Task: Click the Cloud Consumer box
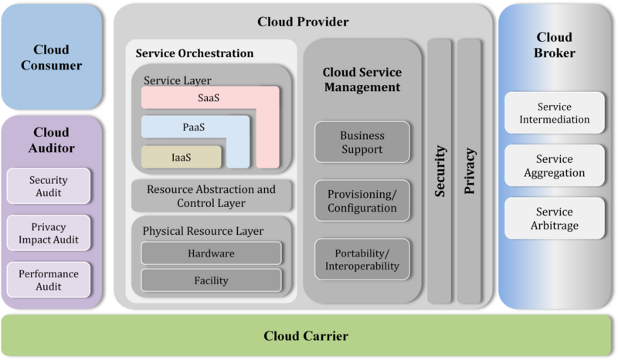click(x=51, y=56)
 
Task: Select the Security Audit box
click(x=49, y=186)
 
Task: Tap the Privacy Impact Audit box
click(x=49, y=233)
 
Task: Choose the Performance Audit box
click(x=49, y=280)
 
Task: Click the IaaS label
click(x=182, y=157)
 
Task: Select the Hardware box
click(x=211, y=253)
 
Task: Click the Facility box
click(x=211, y=280)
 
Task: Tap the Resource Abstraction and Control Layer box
click(x=211, y=196)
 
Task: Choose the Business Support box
click(x=362, y=142)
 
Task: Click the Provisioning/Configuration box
click(x=362, y=201)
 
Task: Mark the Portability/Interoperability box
click(x=362, y=260)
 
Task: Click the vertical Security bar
click(x=440, y=172)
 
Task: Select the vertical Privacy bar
click(x=470, y=172)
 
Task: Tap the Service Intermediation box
click(x=554, y=114)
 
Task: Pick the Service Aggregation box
click(x=554, y=166)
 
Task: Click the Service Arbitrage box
click(x=554, y=219)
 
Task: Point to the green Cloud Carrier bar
click(x=306, y=336)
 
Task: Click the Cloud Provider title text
click(x=303, y=22)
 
